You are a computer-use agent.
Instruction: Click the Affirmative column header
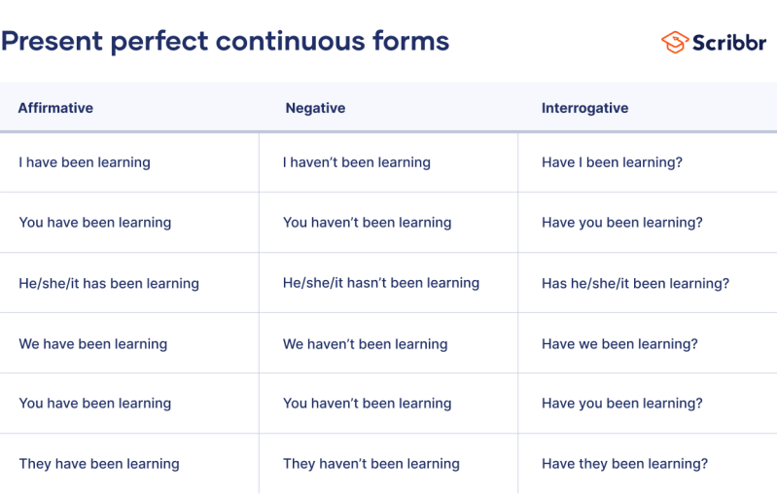tap(55, 108)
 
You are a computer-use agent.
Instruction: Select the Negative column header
tap(315, 108)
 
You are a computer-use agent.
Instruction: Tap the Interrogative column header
tap(584, 108)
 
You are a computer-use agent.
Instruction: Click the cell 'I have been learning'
tap(85, 162)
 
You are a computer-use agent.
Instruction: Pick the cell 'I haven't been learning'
tap(356, 162)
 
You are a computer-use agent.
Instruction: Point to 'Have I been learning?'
tap(612, 162)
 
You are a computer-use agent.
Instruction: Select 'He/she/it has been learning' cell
tap(109, 283)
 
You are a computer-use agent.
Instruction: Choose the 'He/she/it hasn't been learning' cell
tap(380, 283)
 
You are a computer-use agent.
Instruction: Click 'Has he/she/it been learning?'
tap(635, 283)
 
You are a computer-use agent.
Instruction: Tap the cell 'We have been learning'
tap(92, 343)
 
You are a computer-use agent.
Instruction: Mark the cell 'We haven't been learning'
tap(365, 343)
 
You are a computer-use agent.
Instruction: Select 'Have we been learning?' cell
tap(619, 343)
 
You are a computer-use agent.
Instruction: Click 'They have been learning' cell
tap(99, 464)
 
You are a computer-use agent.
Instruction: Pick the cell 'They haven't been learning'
tap(371, 464)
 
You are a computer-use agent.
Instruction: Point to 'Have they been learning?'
tap(624, 464)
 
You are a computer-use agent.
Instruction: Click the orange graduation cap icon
tap(674, 42)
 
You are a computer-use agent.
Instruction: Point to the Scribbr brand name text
tap(729, 43)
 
